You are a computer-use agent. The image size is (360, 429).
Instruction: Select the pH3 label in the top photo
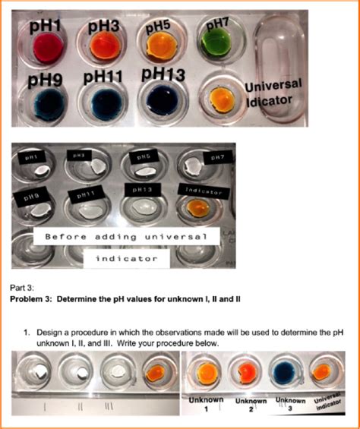click(104, 27)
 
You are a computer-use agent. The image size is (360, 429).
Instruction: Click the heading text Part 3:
click(23, 289)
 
